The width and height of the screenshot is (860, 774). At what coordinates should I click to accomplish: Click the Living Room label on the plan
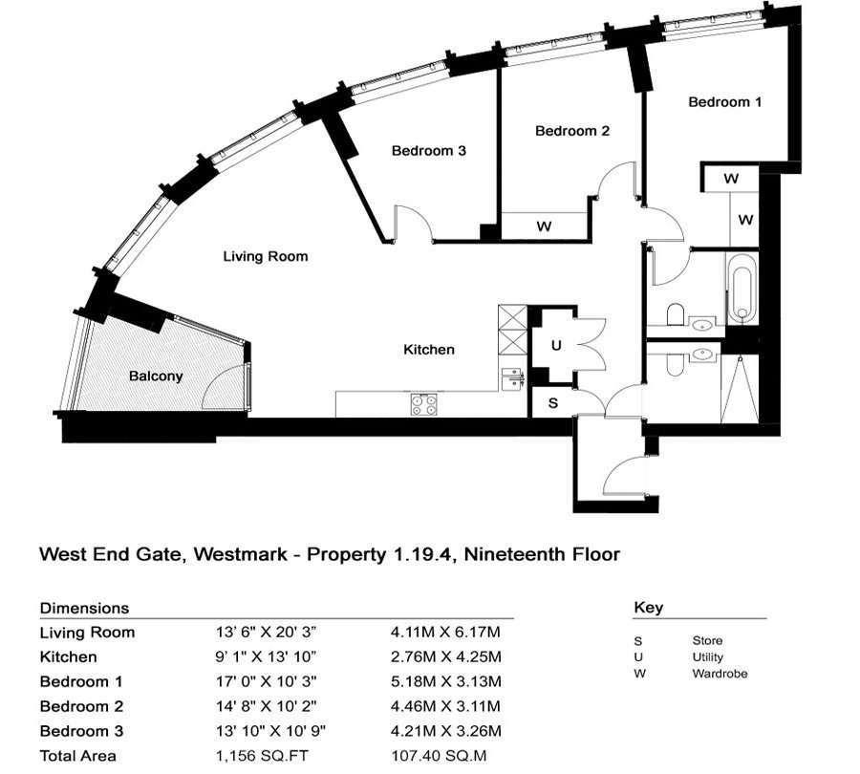coord(266,256)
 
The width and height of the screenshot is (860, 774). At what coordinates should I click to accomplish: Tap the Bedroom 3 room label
coord(429,150)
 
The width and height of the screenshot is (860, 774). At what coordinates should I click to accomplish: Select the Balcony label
coord(156,376)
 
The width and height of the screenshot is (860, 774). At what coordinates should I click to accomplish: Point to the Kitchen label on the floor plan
coord(429,350)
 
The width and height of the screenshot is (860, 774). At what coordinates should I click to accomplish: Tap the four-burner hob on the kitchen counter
coord(424,404)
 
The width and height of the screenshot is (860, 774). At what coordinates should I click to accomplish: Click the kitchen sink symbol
coord(513,378)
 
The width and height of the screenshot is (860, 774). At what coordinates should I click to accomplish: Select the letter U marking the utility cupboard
coord(556,346)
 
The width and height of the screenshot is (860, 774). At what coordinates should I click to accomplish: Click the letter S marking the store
coord(553,403)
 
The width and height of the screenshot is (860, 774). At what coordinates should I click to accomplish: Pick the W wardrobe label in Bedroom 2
coord(544,226)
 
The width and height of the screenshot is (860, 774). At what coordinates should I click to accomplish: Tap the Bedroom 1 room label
coord(725,102)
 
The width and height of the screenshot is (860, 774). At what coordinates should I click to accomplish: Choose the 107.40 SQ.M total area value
coord(439,756)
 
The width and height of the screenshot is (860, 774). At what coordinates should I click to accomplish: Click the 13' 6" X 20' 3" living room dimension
coord(266,633)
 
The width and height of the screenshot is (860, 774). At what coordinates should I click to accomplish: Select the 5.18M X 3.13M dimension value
coord(446,682)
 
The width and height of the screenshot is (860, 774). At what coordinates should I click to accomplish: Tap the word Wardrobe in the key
coord(720,674)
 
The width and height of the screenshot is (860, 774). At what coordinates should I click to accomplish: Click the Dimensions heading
coord(84,608)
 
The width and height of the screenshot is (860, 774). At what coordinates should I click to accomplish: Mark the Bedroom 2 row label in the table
coord(82,706)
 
